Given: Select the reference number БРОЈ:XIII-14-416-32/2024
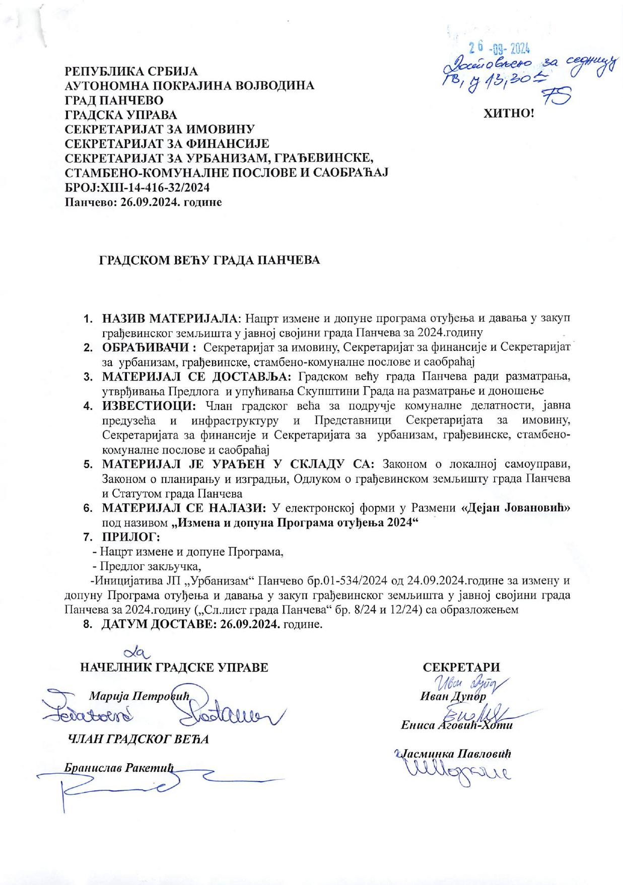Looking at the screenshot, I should (x=137, y=187).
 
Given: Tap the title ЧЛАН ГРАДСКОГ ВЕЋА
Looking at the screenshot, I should (x=137, y=739).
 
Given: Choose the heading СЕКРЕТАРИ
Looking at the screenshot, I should (x=461, y=668).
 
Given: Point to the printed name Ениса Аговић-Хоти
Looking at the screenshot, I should (x=456, y=725).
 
